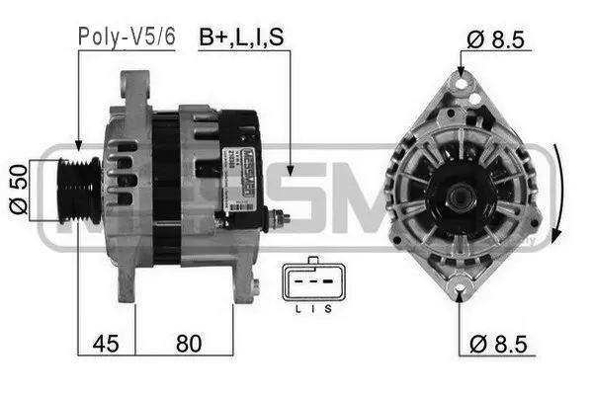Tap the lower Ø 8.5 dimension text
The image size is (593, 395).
497,345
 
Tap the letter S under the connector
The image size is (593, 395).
327,308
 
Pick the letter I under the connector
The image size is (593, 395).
312,308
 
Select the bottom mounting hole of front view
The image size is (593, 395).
461,292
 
